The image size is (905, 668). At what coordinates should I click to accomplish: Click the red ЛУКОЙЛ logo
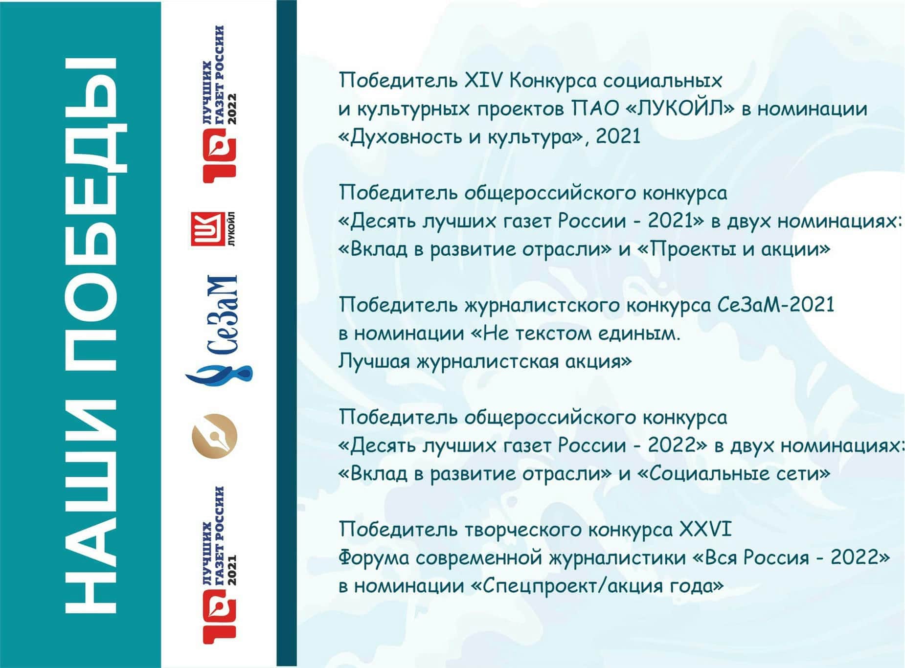coord(213,229)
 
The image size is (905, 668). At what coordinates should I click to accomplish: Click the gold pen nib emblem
coord(214,436)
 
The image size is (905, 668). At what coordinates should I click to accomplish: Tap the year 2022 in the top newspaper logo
coord(231,109)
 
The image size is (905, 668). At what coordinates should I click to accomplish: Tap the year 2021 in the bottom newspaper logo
coord(231,570)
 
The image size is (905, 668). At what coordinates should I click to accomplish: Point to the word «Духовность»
coord(400,136)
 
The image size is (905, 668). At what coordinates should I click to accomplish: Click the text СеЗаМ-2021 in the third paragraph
coord(776,305)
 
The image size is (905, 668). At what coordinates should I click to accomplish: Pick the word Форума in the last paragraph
coord(374,557)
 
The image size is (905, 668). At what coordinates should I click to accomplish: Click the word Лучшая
coord(374,362)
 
